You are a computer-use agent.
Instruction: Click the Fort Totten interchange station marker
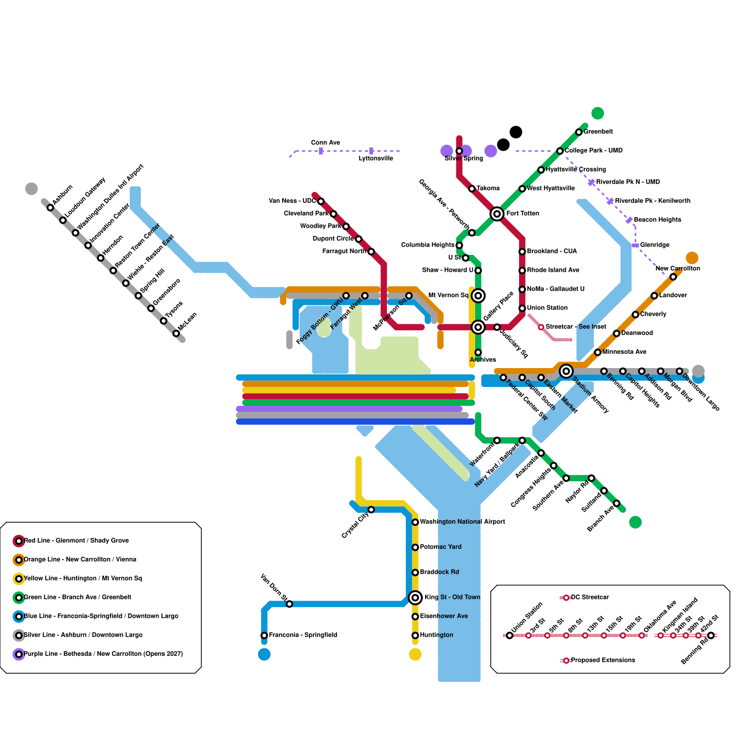point(497,214)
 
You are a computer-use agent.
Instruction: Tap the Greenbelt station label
point(598,132)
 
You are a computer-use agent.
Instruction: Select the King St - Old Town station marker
point(415,598)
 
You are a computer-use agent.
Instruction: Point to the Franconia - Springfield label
point(303,635)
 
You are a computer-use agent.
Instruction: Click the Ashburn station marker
point(50,208)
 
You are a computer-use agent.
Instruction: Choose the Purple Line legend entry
point(103,654)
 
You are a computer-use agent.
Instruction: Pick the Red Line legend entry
point(76,541)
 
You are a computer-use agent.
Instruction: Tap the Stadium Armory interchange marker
point(566,371)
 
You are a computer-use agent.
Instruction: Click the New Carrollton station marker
point(673,277)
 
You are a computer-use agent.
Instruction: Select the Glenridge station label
point(654,245)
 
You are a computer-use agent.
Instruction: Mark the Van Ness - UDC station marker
point(321,201)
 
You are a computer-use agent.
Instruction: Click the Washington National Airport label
point(462,522)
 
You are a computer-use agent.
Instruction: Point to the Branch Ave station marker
point(617,503)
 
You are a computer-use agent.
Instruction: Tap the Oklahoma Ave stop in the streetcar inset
point(642,636)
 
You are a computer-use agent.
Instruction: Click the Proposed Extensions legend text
point(603,660)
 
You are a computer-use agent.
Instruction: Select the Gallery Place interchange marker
point(478,327)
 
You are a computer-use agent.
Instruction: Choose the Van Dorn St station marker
point(289,604)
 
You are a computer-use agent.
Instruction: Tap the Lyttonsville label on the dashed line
point(376,159)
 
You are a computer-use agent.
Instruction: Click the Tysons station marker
point(164,321)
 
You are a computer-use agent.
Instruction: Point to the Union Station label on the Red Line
point(547,308)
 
